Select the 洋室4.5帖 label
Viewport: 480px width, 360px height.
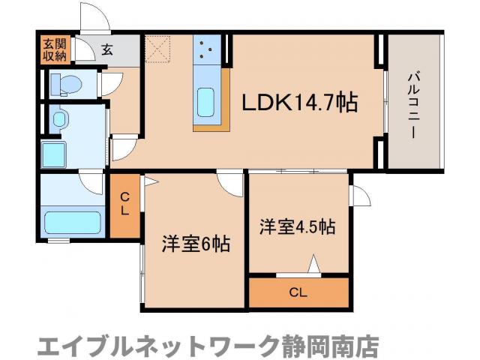point(297,226)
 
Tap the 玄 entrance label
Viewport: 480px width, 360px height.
point(107,50)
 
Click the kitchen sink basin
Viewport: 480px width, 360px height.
point(206,101)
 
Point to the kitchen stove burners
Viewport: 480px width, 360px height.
point(206,50)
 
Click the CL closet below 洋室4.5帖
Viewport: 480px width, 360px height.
point(299,292)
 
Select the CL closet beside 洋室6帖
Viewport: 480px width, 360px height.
point(125,205)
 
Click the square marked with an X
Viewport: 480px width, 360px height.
point(158,49)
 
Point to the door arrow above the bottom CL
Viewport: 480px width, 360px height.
point(314,265)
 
